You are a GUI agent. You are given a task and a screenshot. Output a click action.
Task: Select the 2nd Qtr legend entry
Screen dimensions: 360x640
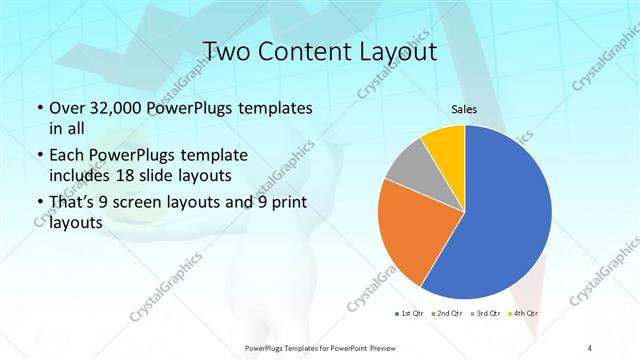pyautogui.click(x=447, y=313)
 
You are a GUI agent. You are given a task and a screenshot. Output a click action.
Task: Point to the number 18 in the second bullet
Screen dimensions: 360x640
pyautogui.click(x=157, y=176)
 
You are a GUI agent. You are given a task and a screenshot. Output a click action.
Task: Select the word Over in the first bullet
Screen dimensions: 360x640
pyautogui.click(x=66, y=108)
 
